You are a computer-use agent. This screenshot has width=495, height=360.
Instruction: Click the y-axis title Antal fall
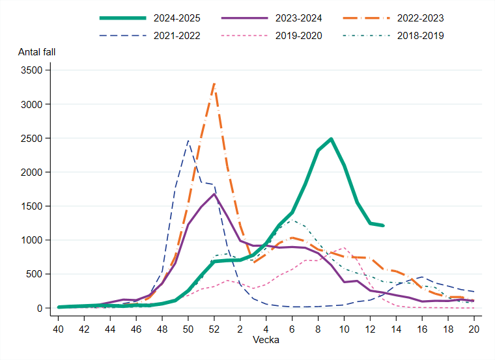tap(41, 51)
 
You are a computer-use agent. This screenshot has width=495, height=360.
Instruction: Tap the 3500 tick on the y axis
tap(34, 70)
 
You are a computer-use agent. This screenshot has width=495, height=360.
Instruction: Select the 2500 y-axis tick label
tap(34, 139)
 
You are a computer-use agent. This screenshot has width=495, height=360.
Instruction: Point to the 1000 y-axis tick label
tap(34, 240)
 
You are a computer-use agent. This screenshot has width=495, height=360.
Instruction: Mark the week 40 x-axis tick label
tap(59, 329)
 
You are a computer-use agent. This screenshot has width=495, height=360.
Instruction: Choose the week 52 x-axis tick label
tap(214, 329)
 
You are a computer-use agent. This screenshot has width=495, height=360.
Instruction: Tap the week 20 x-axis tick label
tap(474, 329)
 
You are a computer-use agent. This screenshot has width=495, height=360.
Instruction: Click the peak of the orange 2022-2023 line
tap(214, 83)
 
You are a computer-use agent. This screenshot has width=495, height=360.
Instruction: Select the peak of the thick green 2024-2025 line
tap(331, 139)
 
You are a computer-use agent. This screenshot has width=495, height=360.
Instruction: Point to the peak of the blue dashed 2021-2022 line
tap(188, 141)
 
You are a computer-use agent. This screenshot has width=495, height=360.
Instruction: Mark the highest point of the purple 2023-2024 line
tap(214, 194)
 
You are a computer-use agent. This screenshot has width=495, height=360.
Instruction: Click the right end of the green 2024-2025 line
tap(383, 225)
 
